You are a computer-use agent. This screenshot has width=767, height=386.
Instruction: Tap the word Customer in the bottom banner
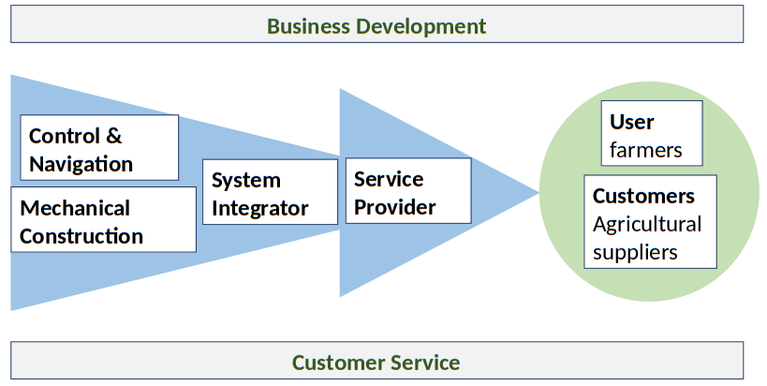coord(335,363)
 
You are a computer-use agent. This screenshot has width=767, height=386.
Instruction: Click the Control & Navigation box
coord(98,148)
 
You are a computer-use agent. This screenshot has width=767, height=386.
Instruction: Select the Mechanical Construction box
coord(103,221)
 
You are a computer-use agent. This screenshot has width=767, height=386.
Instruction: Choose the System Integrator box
coord(270,192)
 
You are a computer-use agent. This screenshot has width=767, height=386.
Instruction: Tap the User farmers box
coord(652,134)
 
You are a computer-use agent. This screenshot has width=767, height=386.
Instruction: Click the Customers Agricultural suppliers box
coord(650,222)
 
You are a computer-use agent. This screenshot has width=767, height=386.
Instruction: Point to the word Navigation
coord(81,164)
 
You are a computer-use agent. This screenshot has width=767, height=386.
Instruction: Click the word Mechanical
coord(75,208)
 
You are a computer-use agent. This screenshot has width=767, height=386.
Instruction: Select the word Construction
coord(81,236)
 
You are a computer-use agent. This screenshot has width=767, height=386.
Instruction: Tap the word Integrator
coord(259,208)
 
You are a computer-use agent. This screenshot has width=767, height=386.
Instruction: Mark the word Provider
coord(395,207)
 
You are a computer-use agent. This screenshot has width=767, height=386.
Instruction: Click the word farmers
coord(645,150)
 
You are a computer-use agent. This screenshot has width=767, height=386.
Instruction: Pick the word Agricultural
coord(647,224)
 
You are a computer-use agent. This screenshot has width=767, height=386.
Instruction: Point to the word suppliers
coord(635,252)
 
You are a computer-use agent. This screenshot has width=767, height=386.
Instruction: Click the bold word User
coord(632,122)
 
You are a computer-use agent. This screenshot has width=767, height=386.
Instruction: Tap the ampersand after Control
coord(113,136)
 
